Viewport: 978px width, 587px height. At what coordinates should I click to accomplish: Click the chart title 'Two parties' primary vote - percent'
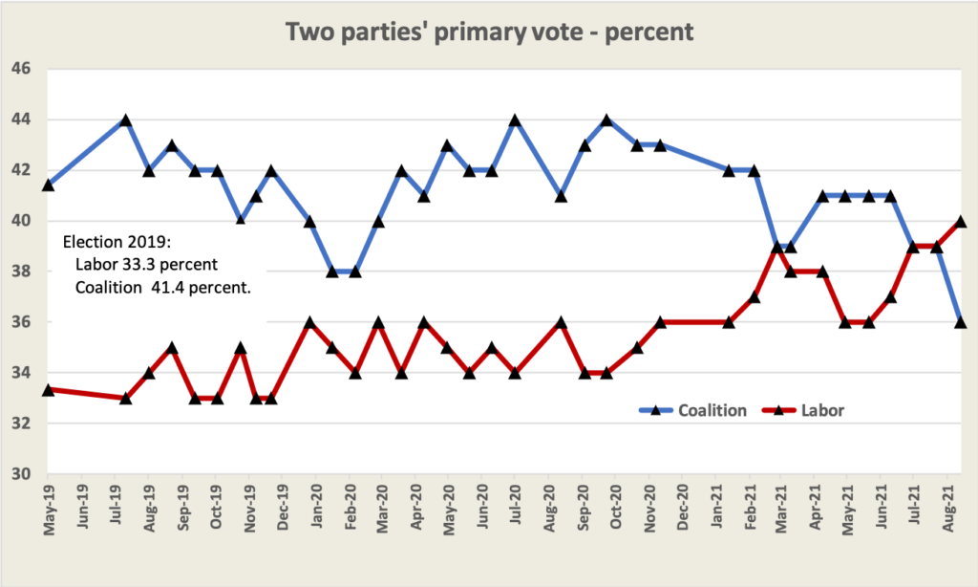point(489,31)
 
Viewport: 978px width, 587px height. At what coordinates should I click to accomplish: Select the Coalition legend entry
point(712,410)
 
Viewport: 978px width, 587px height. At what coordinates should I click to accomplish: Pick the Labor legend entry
point(821,410)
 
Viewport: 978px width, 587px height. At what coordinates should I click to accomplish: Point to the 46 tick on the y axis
point(21,70)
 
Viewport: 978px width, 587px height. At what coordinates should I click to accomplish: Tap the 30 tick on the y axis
point(21,474)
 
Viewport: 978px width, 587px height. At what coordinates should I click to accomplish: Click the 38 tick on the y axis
point(21,272)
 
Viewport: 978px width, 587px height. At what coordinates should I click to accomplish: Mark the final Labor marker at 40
point(961,221)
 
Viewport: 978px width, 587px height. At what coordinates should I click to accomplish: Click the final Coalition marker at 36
point(961,322)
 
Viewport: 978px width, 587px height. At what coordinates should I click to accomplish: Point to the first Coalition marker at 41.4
point(49,185)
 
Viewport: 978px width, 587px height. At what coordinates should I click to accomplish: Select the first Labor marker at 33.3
point(49,390)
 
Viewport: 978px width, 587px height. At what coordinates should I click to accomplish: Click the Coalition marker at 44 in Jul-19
point(125,120)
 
